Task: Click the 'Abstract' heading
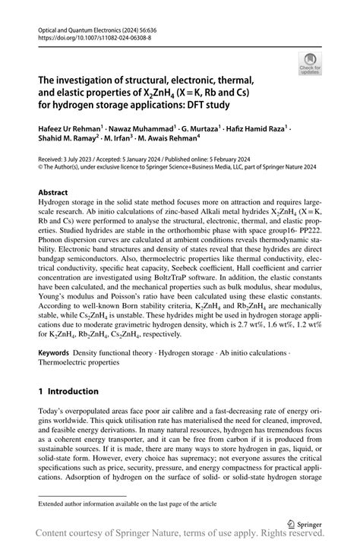(x=55, y=193)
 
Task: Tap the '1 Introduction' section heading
(x=68, y=391)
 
